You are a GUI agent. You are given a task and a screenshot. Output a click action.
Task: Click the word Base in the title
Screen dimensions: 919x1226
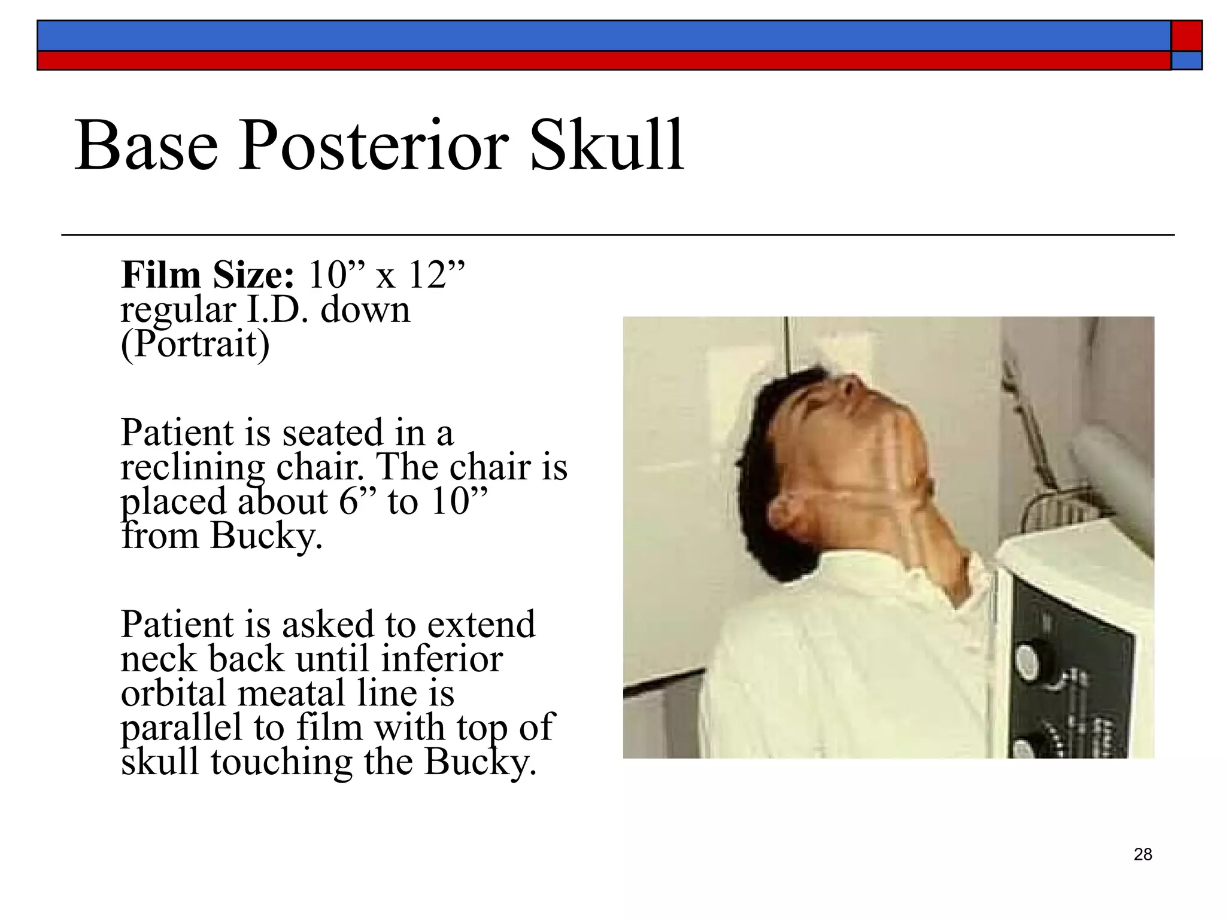(146, 146)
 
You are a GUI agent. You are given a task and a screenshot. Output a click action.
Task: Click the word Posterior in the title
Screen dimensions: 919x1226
(374, 146)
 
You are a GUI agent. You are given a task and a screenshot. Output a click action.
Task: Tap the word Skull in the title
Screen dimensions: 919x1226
(606, 146)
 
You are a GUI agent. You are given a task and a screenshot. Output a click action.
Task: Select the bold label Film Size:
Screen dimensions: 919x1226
(208, 276)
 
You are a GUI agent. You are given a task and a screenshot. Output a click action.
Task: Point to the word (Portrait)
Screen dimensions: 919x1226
(195, 345)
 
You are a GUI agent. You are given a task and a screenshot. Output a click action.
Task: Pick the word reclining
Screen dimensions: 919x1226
(192, 468)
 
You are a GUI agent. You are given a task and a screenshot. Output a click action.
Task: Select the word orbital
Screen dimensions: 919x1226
(174, 694)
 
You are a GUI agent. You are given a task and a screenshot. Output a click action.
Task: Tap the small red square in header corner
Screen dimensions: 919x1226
(1186, 36)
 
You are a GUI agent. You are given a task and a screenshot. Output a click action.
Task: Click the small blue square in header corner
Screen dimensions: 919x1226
(1186, 60)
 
